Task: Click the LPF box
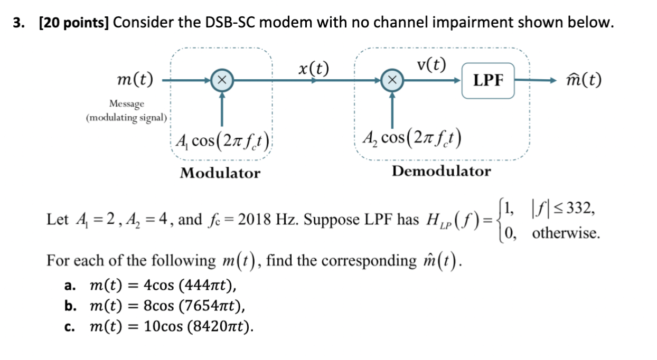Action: tap(488, 81)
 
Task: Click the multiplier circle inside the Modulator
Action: tap(222, 81)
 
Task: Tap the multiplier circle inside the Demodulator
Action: tap(392, 81)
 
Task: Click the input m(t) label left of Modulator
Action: tap(134, 81)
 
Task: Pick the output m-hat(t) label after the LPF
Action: tap(583, 81)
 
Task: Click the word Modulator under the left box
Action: tap(220, 173)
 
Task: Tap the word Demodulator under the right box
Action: tap(442, 171)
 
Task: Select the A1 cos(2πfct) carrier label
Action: tap(223, 141)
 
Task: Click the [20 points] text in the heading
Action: tap(73, 23)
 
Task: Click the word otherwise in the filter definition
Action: tap(566, 233)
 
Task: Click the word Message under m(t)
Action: tap(127, 104)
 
